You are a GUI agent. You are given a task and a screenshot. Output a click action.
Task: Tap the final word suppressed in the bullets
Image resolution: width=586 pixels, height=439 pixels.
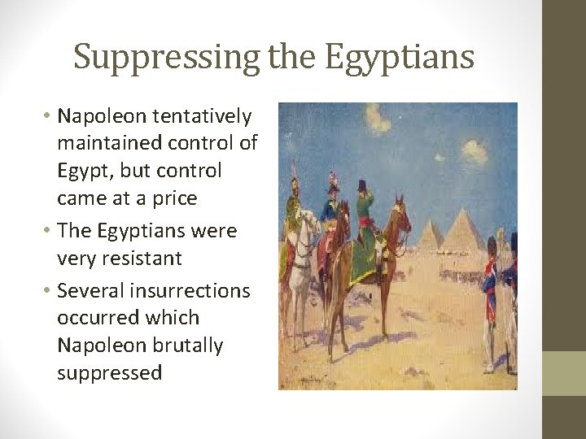[x=109, y=372]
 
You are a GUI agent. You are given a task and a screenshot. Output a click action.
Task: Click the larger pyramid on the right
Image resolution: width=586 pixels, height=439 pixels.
[x=461, y=232]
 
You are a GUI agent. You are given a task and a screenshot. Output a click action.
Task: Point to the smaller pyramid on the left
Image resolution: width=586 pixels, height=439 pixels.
[x=429, y=236]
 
